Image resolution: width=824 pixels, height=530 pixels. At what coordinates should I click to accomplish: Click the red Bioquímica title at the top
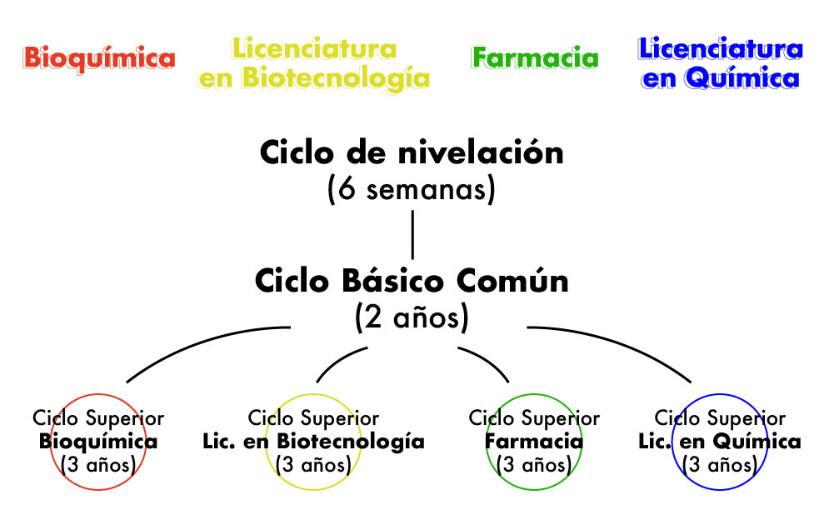99,59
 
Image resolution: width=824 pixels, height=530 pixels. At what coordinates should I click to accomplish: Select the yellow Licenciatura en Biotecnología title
314,64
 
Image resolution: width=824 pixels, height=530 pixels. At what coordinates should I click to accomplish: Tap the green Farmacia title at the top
535,57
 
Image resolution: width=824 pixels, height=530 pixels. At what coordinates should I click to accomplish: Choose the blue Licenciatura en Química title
721,63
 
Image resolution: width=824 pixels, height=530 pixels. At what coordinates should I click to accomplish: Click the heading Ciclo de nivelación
412,153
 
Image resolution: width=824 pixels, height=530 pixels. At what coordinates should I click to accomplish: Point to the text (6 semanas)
412,189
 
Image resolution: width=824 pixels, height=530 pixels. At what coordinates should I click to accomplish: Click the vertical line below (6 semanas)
412,234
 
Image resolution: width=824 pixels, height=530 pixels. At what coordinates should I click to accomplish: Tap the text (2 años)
412,317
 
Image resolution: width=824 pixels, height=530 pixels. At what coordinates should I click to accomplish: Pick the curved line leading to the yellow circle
339,361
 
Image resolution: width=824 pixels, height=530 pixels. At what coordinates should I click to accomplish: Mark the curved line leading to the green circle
486,361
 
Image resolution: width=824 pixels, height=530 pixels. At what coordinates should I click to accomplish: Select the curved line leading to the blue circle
615,344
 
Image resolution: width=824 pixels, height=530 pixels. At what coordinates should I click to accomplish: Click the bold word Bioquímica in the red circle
98,442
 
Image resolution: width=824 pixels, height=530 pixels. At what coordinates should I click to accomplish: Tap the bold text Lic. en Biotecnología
314,442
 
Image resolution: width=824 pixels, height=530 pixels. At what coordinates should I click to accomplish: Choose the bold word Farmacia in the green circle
534,441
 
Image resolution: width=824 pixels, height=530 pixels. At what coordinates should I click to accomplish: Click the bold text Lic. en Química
720,442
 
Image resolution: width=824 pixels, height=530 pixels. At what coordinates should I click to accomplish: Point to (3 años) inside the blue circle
720,465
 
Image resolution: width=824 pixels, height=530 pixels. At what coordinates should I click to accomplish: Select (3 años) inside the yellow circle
314,465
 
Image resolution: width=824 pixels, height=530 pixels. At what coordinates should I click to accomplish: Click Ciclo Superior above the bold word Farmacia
534,418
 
